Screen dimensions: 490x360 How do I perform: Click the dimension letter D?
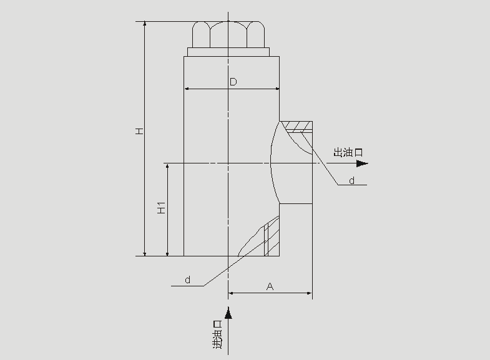233,82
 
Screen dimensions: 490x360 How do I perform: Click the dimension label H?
139,131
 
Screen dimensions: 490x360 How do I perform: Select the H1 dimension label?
161,208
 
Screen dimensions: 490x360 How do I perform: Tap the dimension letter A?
270,286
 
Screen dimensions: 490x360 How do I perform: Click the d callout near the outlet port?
352,180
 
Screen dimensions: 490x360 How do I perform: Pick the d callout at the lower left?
187,280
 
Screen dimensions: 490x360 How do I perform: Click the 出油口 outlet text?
348,152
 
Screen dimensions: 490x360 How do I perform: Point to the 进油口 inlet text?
217,334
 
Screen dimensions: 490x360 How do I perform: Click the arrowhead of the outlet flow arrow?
363,163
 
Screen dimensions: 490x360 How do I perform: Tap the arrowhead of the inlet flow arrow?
228,313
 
